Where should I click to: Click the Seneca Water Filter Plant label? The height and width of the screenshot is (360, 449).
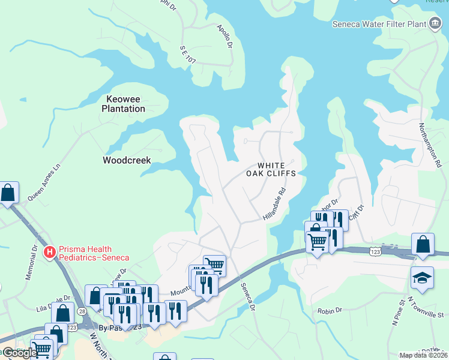point(378,25)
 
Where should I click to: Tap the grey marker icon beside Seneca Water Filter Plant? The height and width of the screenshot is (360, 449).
point(435,25)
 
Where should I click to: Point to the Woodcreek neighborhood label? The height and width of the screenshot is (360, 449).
point(127,160)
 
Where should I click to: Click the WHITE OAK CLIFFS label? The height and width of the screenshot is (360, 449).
point(271,169)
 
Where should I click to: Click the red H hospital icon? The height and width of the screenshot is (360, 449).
point(50,252)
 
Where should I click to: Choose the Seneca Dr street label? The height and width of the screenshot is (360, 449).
point(248,297)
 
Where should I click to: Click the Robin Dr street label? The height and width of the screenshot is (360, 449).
point(330,311)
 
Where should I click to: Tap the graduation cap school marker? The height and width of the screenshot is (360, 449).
point(423,278)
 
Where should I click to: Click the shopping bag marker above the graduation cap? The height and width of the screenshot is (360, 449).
point(423,244)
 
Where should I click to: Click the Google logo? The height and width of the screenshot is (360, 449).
point(20,353)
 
